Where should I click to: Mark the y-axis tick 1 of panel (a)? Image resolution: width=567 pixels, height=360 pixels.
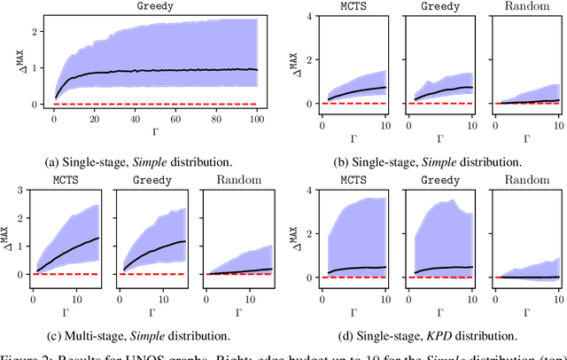37,67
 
